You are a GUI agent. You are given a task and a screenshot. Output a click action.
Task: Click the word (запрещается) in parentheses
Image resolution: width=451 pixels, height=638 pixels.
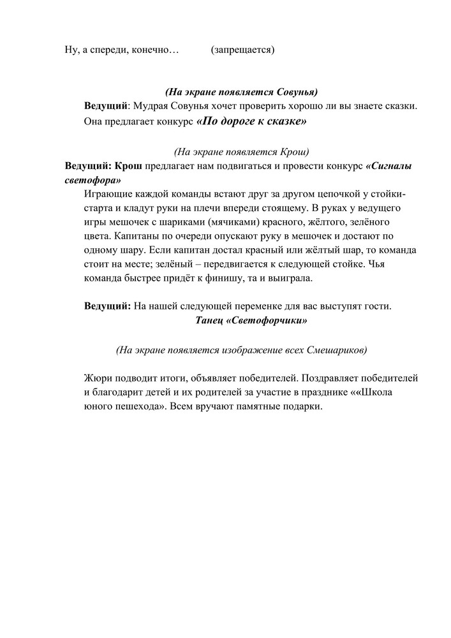tap(242, 49)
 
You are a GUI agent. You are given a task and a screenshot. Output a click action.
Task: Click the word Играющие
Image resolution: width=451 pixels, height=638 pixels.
tap(106, 194)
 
